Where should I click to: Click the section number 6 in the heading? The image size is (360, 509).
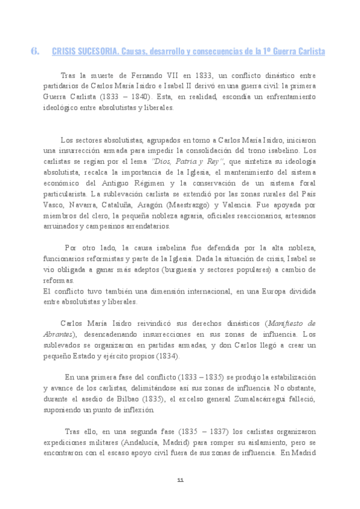coord(35,52)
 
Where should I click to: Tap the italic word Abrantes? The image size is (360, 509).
coord(58,334)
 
